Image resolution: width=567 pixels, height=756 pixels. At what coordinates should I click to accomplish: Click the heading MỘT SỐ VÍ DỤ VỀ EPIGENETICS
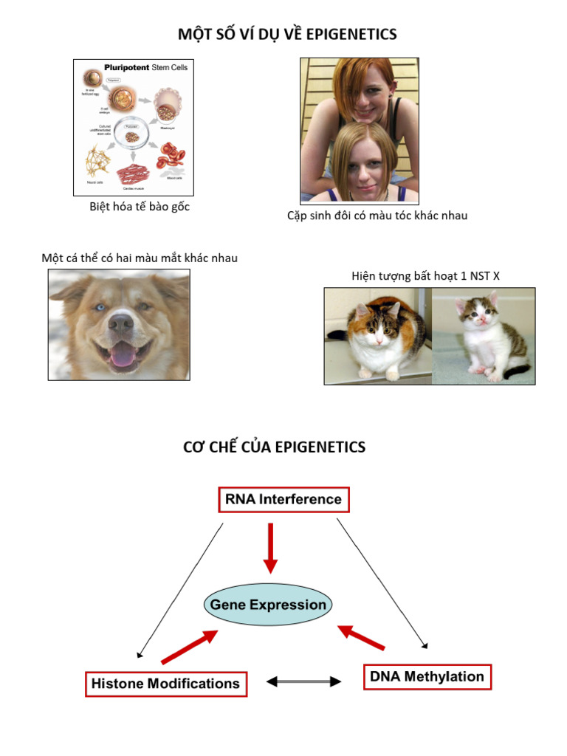[287, 34]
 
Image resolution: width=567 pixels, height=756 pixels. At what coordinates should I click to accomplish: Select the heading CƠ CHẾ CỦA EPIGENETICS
[274, 447]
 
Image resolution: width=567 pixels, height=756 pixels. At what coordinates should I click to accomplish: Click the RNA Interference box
[283, 500]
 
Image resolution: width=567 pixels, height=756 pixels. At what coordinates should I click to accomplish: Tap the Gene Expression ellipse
[268, 605]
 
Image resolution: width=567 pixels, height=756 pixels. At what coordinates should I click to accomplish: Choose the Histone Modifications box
[165, 684]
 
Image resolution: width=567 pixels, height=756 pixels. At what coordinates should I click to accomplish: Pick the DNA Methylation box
[427, 676]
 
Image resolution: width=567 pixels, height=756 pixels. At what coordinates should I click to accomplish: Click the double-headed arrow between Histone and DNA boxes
[303, 681]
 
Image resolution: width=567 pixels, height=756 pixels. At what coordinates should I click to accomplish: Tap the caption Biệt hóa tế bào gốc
[140, 207]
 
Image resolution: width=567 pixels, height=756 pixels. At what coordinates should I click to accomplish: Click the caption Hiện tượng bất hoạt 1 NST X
[425, 276]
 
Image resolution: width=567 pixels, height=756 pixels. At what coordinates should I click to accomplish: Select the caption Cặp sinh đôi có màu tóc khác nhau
[377, 216]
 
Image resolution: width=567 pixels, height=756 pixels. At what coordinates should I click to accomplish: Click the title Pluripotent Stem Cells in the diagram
[145, 67]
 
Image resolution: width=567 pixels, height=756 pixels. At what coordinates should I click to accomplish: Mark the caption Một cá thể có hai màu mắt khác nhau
[140, 258]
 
